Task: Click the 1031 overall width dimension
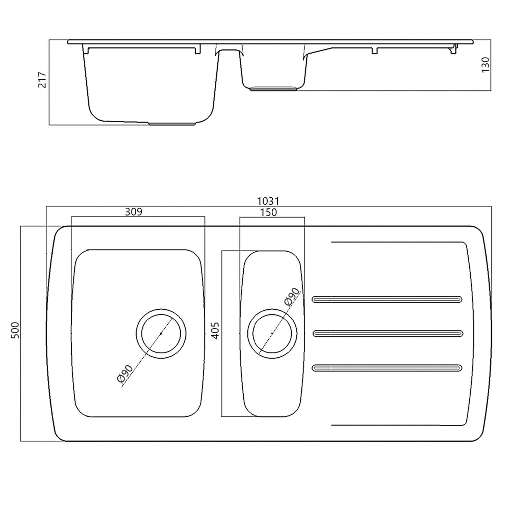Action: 268,201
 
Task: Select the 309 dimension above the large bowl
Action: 133,212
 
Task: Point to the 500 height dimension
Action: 15,330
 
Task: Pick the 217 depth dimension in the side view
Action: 42,80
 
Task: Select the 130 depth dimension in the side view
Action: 485,64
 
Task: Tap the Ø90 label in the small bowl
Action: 292,296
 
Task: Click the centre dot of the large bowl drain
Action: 161,333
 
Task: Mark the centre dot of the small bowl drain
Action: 272,333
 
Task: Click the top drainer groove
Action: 387,300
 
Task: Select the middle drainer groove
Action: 388,333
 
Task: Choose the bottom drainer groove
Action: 387,368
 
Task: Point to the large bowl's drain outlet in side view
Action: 172,123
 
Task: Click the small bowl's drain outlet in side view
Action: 273,89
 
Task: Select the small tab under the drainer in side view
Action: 374,51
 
